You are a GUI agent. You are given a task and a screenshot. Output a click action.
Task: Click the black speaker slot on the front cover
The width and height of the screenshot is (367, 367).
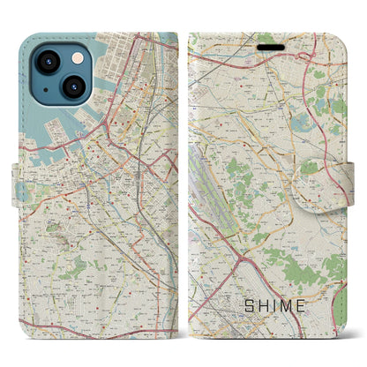pos(266,39)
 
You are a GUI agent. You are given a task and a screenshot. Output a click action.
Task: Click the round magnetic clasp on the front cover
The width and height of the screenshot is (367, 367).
pos(349,183)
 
